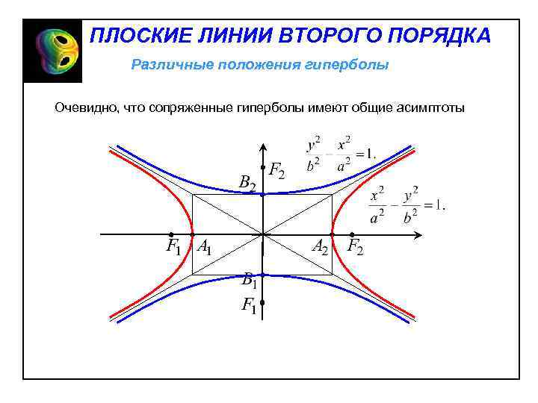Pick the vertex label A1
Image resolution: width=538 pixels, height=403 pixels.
point(203,246)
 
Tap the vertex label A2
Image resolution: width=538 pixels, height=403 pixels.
point(320,246)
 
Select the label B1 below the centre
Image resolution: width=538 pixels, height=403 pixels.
point(249,281)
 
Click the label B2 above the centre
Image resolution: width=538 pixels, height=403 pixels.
point(247,183)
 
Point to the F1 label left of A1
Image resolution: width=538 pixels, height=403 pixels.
point(173,246)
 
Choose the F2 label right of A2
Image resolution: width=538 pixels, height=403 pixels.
point(356,246)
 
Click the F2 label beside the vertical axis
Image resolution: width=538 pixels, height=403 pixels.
point(276,171)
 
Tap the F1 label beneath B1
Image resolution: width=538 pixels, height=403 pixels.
point(249,305)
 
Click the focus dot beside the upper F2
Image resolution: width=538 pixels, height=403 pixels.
point(263,167)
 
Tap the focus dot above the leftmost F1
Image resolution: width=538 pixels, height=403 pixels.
point(171,234)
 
